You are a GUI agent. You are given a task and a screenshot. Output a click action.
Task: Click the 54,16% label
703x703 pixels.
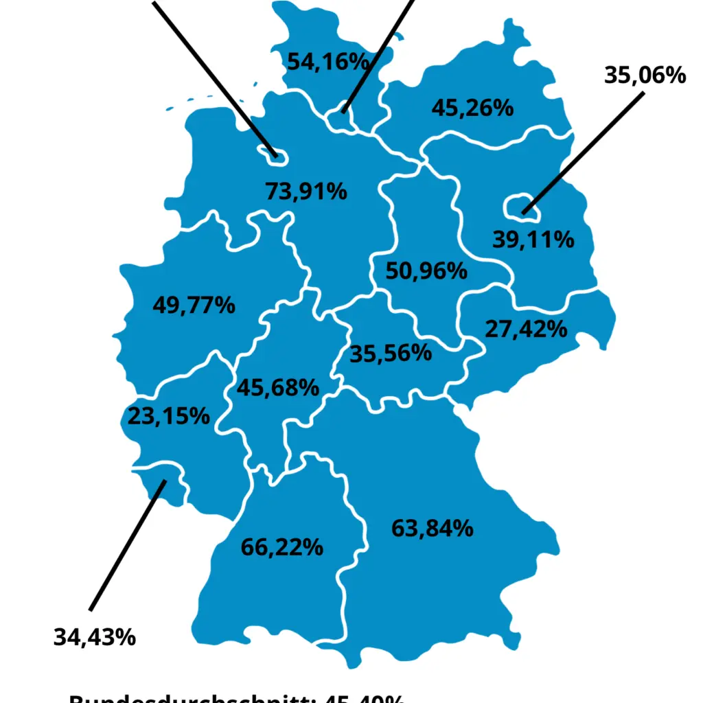point(328,62)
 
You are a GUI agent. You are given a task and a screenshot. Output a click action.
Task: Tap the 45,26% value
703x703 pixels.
point(472,108)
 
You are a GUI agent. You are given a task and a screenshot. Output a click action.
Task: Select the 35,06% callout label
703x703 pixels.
point(645,75)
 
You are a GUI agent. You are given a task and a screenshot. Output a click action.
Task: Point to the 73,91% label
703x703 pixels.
point(306,192)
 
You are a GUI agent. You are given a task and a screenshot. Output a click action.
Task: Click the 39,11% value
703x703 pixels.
point(533,240)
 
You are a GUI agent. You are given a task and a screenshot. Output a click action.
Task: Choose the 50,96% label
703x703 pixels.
point(426,270)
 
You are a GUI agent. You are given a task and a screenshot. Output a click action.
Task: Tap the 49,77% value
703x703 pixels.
point(194,305)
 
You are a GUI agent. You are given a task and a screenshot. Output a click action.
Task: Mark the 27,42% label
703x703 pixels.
point(526,329)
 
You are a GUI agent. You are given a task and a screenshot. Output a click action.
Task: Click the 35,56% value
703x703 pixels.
point(391,354)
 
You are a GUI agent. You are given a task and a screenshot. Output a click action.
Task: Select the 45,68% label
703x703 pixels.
point(277,388)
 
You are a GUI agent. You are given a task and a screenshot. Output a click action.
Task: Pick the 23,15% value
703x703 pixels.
point(168,415)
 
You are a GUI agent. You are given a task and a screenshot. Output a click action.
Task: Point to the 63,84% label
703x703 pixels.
point(432,528)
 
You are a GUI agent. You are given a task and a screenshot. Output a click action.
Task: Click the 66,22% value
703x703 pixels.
point(281,547)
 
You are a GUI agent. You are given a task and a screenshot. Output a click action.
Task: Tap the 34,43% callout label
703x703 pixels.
point(95,637)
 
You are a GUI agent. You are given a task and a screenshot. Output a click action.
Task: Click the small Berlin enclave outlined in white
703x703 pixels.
point(522,205)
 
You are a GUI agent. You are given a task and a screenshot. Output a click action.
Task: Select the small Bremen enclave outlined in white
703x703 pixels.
point(273,153)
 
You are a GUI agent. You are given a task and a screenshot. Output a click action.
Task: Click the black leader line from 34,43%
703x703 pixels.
point(127,545)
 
